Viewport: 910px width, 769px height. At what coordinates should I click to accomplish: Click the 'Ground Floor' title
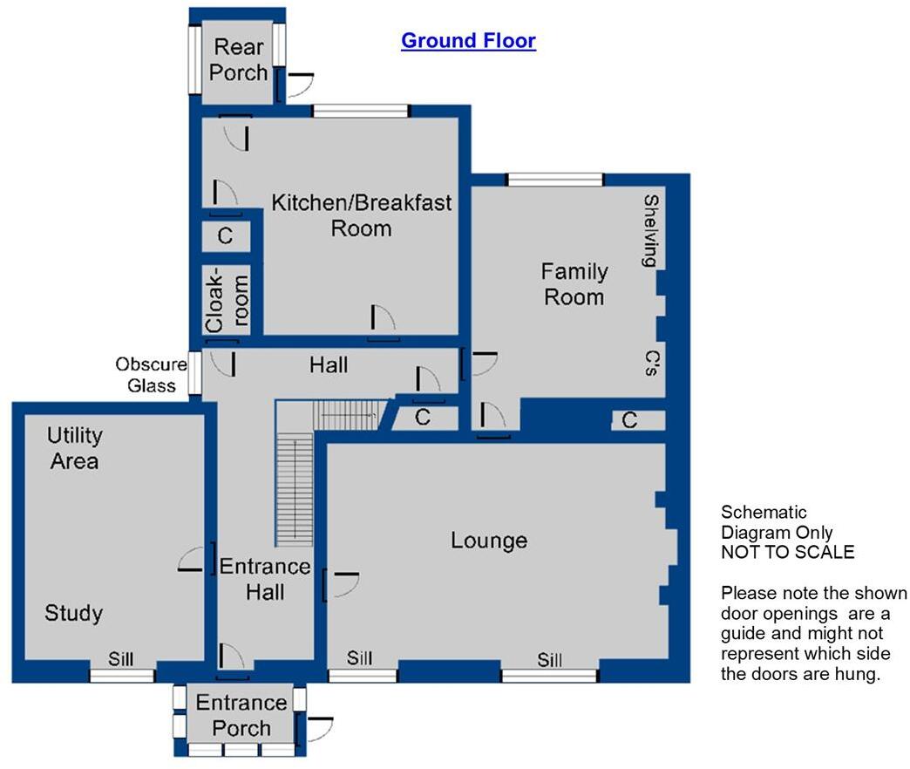pyautogui.click(x=468, y=41)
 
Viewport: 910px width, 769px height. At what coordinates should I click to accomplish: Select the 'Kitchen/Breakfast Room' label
pyautogui.click(x=362, y=215)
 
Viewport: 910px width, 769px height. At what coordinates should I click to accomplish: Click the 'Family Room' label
pyautogui.click(x=574, y=283)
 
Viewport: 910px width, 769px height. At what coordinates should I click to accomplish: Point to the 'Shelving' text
pyautogui.click(x=650, y=230)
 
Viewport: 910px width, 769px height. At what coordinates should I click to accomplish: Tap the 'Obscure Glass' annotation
pyautogui.click(x=152, y=375)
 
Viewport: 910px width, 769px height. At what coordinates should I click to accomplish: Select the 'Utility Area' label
pyautogui.click(x=74, y=447)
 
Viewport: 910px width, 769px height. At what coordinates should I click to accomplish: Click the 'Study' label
pyautogui.click(x=73, y=613)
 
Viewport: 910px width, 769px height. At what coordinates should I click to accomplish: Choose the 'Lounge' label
pyautogui.click(x=488, y=541)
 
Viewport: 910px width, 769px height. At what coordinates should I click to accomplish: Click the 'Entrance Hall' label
pyautogui.click(x=265, y=579)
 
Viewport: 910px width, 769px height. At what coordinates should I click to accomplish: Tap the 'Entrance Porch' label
pyautogui.click(x=241, y=715)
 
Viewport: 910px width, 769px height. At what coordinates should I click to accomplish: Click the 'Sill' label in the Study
pyautogui.click(x=121, y=659)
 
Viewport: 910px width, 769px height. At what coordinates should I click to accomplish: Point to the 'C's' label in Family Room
pyautogui.click(x=650, y=364)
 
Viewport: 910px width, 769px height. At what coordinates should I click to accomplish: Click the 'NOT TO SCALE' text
pyautogui.click(x=787, y=552)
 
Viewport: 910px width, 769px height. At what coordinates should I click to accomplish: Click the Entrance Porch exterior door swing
pyautogui.click(x=317, y=731)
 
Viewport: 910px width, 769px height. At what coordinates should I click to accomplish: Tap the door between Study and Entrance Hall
pyautogui.click(x=196, y=560)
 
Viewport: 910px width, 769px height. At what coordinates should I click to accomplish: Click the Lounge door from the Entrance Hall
pyautogui.click(x=341, y=585)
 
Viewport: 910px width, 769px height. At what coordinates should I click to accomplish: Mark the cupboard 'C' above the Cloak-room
pyautogui.click(x=225, y=235)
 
